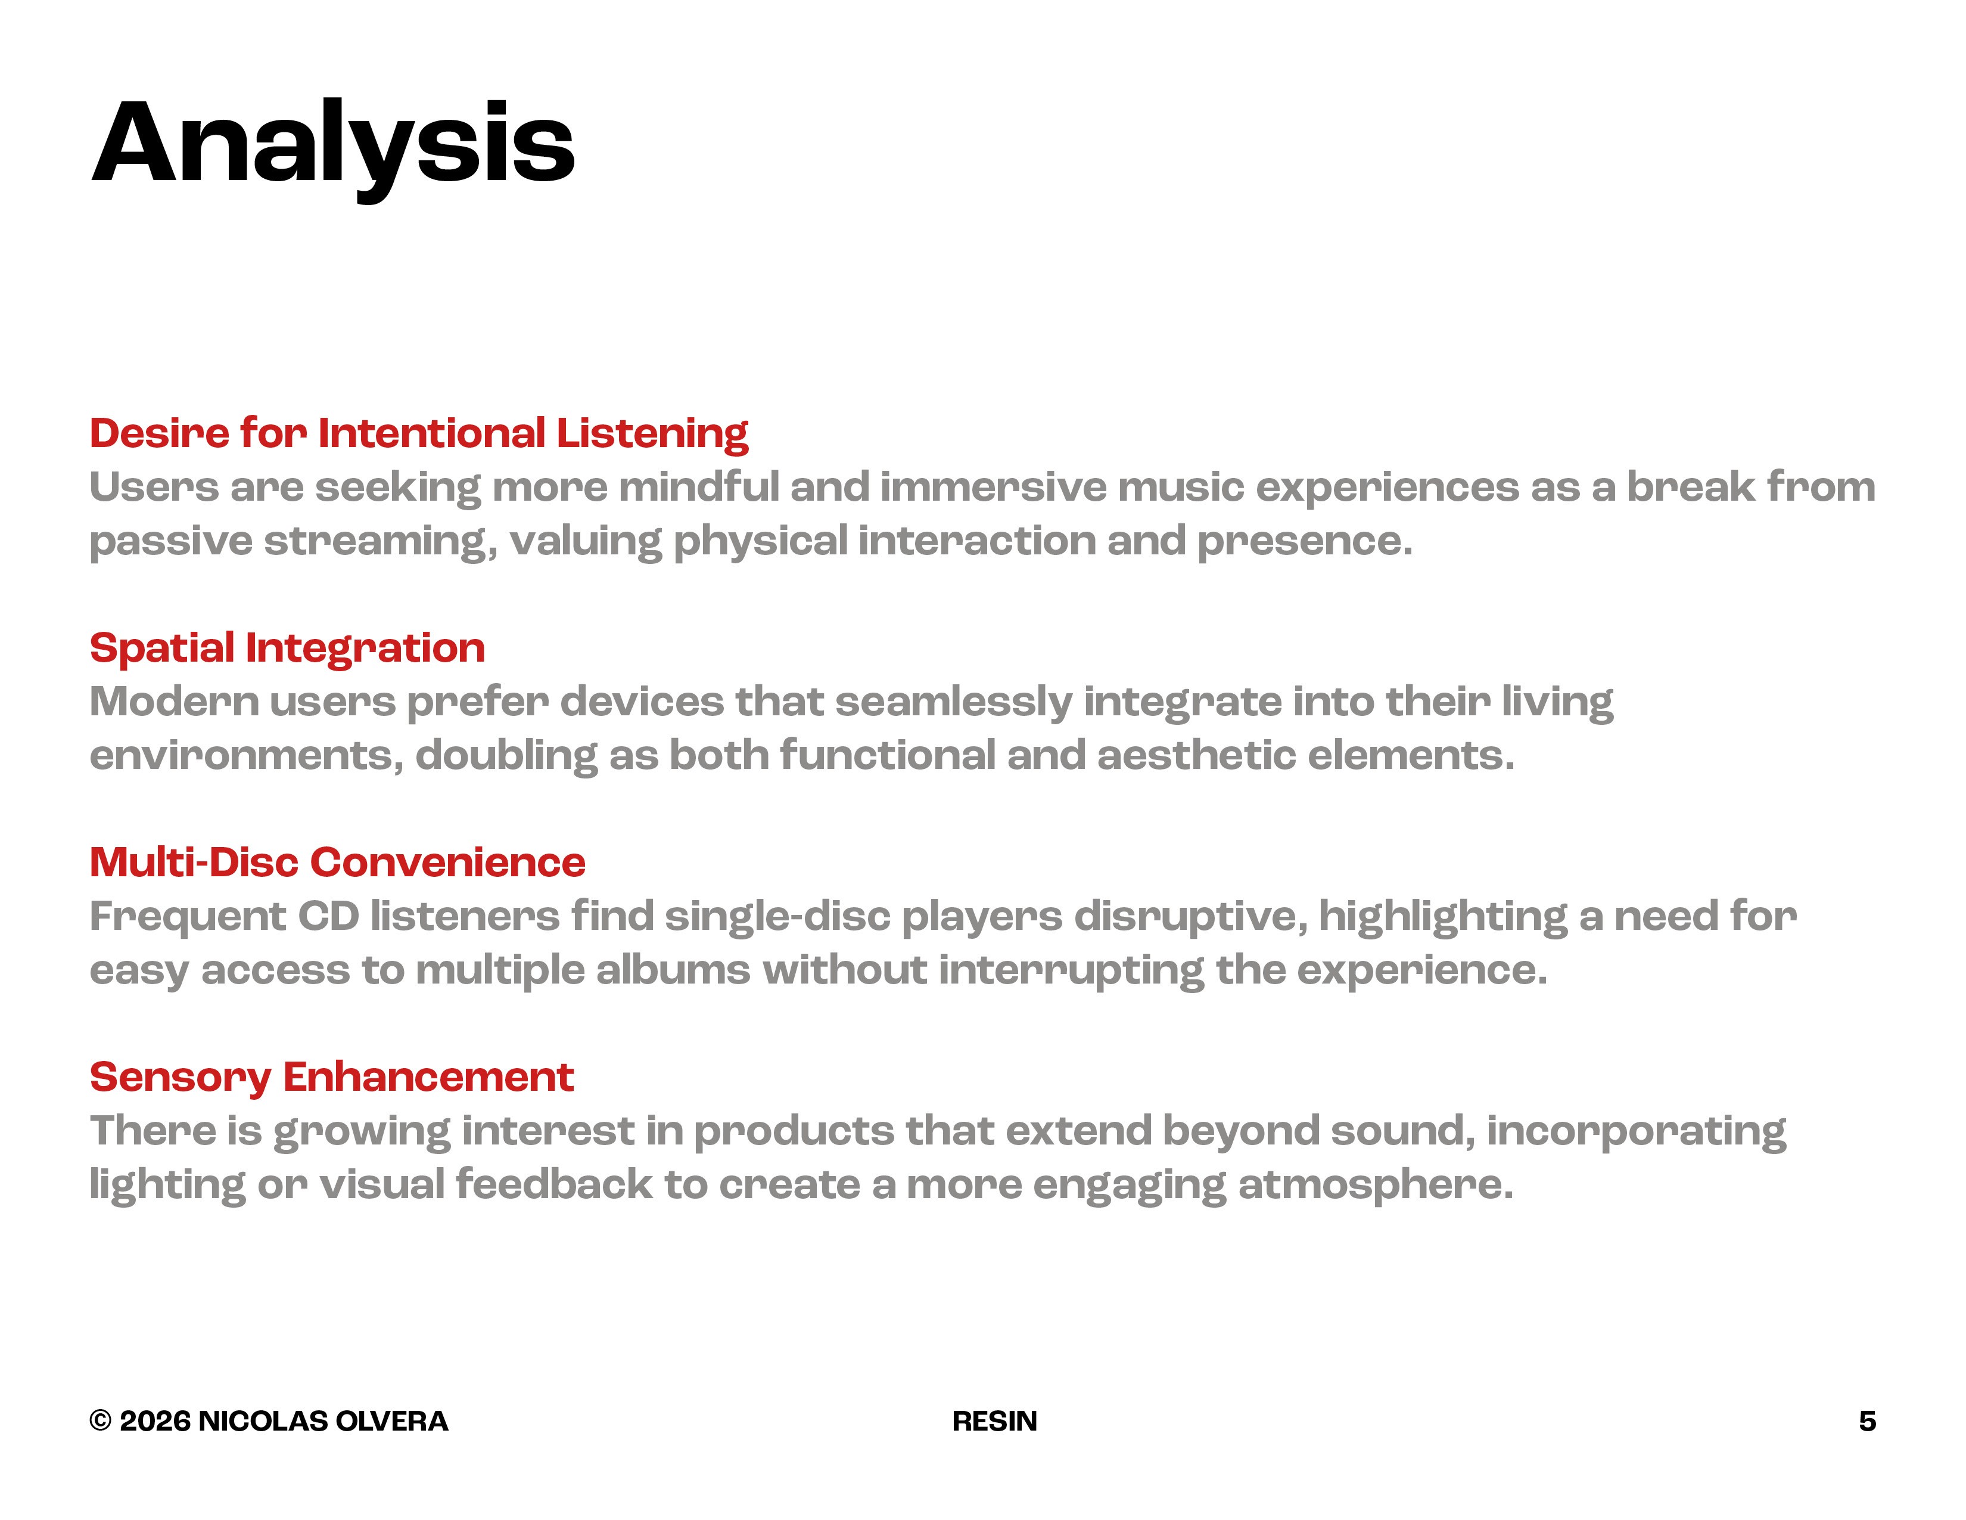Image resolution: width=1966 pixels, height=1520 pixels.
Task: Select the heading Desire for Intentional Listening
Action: point(419,434)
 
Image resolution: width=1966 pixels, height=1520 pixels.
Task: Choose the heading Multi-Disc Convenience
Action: point(338,863)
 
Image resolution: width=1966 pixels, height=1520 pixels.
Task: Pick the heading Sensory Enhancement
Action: point(331,1078)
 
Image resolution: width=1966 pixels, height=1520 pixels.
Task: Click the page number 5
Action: point(1867,1421)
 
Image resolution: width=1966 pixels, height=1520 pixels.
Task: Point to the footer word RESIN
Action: point(995,1421)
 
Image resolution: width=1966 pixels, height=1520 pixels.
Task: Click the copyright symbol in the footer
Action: point(101,1421)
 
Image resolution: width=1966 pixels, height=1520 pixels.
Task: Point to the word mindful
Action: point(699,487)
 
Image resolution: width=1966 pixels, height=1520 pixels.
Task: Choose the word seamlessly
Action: point(954,702)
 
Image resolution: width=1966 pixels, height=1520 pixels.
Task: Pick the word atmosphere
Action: point(1376,1185)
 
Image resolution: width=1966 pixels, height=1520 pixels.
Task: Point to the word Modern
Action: point(175,702)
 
